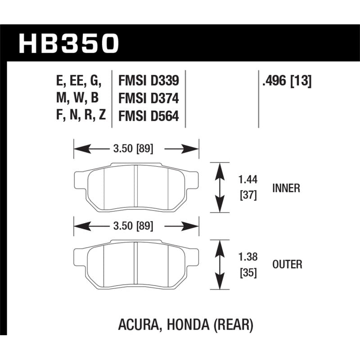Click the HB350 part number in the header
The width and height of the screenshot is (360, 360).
[69, 44]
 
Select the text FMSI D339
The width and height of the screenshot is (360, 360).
[148, 81]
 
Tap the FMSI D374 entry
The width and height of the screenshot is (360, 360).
[148, 99]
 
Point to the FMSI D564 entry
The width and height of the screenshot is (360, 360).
[148, 116]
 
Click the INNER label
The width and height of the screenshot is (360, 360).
[286, 188]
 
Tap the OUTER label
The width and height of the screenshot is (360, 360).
[287, 265]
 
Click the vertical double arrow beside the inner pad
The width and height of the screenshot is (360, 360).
[220, 187]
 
